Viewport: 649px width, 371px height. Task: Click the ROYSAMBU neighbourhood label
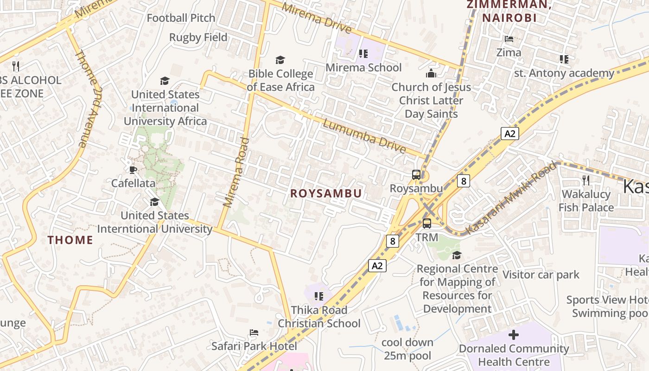pos(326,193)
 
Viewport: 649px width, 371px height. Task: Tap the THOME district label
pos(70,240)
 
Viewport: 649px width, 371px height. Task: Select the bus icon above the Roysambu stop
pos(416,175)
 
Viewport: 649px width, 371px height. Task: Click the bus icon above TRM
pos(426,224)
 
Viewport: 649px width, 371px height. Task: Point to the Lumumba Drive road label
pos(364,136)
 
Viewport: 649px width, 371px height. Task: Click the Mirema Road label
pos(236,172)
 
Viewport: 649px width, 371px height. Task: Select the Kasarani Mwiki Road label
pos(510,198)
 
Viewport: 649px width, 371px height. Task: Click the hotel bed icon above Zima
pos(509,39)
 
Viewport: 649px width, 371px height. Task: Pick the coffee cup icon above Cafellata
pos(133,170)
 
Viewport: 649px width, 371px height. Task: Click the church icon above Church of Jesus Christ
pos(431,73)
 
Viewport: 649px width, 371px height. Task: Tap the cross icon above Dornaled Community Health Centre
pos(513,335)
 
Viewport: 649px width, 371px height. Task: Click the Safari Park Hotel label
pos(254,346)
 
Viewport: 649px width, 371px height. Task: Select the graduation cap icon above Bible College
pos(280,60)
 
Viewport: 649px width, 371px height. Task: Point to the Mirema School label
pos(363,67)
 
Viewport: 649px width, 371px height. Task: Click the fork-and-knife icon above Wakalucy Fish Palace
pos(585,180)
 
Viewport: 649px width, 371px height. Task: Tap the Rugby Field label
pos(198,37)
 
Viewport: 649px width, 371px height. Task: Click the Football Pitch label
pos(181,18)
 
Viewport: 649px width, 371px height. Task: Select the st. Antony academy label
pos(564,73)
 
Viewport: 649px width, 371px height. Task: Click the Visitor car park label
pos(541,275)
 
